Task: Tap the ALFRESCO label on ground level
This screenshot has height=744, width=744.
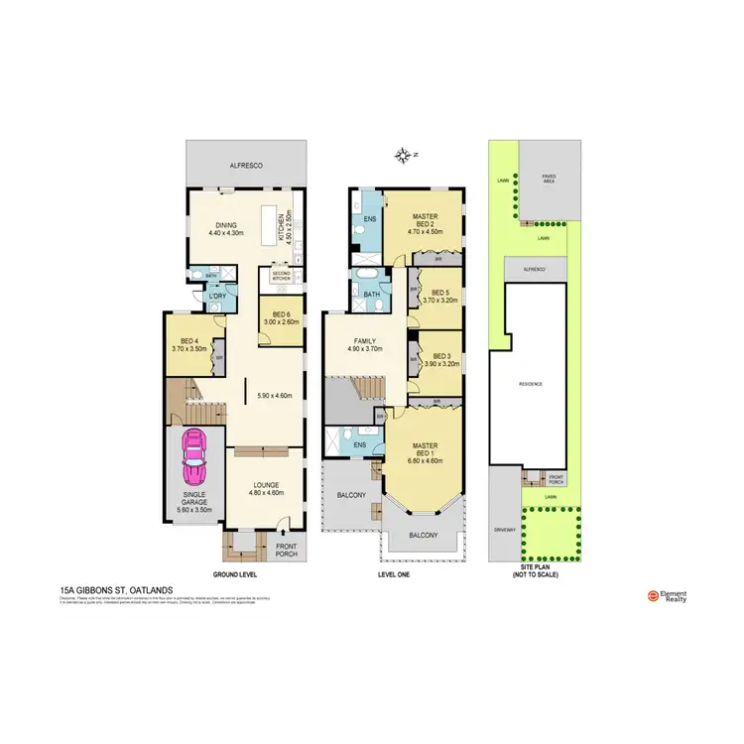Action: coord(245,167)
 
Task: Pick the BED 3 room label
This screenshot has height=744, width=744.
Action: coord(439,359)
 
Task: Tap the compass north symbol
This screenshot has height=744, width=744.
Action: coord(404,155)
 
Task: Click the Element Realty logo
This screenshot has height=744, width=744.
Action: coord(670,596)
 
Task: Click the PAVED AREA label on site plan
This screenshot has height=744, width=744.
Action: coord(548,179)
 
